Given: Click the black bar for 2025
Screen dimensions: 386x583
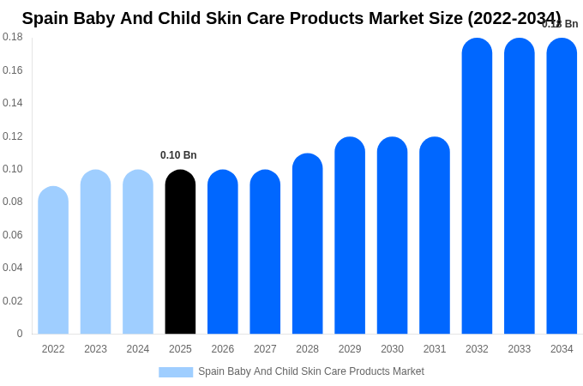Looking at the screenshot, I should (180, 253).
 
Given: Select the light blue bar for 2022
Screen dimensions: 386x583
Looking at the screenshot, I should (53, 261).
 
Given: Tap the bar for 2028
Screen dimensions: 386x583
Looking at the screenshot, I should (307, 244).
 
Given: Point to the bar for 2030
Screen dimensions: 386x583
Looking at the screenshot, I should (392, 236).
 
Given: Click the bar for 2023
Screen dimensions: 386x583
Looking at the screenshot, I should (95, 253).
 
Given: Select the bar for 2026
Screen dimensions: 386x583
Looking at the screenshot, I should (223, 253).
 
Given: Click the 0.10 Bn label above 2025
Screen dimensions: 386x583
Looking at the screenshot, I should (178, 155).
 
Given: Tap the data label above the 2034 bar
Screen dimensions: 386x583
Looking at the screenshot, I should (560, 24).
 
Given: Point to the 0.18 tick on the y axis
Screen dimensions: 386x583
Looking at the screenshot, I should (13, 37).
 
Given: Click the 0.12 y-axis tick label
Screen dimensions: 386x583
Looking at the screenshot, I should (13, 136).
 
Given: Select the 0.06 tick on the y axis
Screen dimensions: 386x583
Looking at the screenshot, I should (13, 235).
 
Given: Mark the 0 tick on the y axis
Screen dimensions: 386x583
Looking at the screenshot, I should (20, 334).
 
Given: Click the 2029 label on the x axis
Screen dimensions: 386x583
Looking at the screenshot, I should (350, 349).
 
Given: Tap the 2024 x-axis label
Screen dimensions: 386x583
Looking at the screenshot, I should (138, 349).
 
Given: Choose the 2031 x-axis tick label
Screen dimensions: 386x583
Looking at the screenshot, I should (435, 349).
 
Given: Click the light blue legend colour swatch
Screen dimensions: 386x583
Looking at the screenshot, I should (176, 372).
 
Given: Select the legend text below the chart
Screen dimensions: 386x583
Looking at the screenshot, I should (310, 371).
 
